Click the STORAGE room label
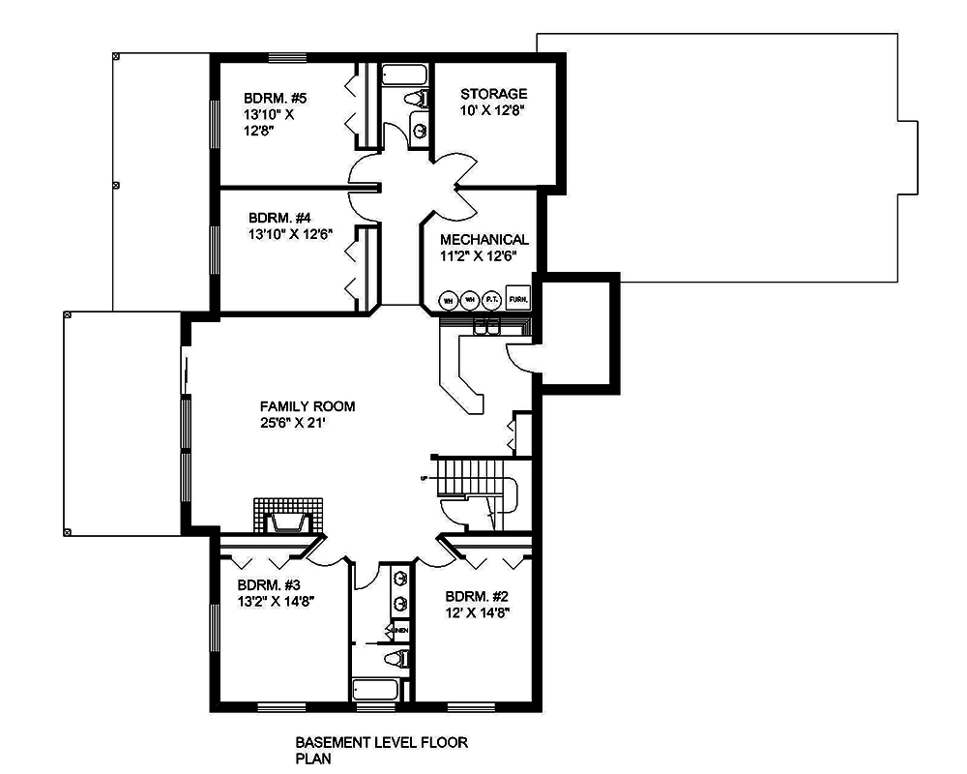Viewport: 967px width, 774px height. (x=493, y=94)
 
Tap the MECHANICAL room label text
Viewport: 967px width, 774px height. (x=483, y=239)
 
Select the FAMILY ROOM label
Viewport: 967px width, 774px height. (x=307, y=406)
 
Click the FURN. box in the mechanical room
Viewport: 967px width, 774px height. (x=517, y=300)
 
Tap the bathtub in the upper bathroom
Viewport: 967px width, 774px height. (x=405, y=74)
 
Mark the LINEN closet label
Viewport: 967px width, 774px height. (x=399, y=632)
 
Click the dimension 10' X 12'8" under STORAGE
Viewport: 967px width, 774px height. (x=493, y=110)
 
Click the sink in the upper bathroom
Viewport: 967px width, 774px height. (x=420, y=130)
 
